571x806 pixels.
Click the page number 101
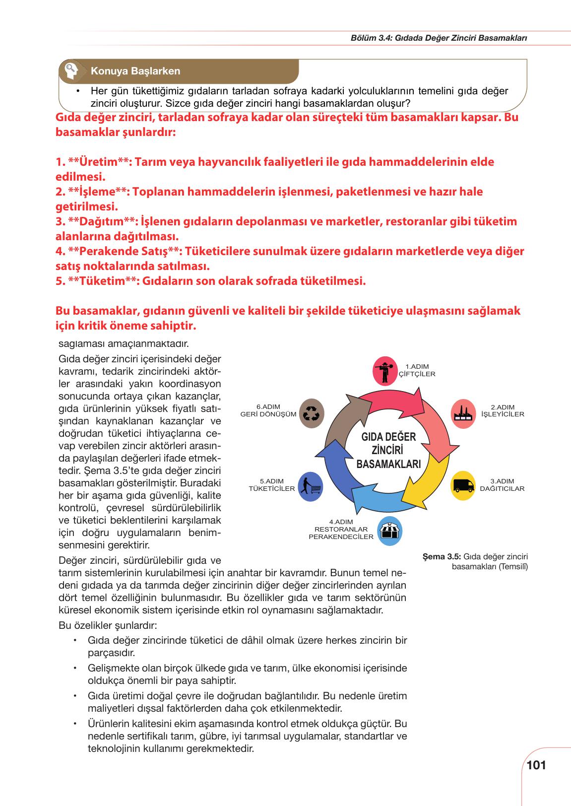(x=536, y=765)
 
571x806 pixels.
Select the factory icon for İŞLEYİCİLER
(x=464, y=412)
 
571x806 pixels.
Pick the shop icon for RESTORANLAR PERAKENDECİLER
(x=389, y=531)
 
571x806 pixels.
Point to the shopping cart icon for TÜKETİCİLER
(x=311, y=486)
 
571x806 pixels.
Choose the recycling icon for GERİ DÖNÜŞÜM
(x=312, y=413)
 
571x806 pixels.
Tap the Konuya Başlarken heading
(x=135, y=71)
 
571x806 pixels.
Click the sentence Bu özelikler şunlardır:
(x=108, y=625)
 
